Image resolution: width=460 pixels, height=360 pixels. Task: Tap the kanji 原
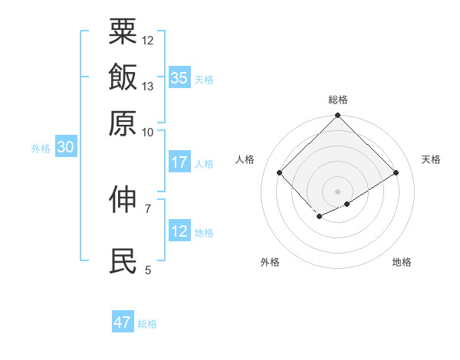point(123,123)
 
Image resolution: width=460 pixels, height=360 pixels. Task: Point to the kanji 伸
point(123,200)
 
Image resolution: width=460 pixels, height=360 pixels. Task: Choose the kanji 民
point(123,261)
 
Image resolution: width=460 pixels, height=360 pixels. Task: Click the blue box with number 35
point(179,78)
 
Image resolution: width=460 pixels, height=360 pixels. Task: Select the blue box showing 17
point(179,162)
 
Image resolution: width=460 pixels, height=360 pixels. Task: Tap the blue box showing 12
point(179,231)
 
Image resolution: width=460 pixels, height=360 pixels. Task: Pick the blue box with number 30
point(64,148)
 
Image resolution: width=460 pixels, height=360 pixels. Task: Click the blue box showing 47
point(122,322)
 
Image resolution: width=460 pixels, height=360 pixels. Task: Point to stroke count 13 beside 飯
point(148,87)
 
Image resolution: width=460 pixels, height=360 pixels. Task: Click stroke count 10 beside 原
point(148,132)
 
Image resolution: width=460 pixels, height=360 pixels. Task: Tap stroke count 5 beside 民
point(148,270)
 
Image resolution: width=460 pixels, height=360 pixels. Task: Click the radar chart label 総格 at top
point(338,100)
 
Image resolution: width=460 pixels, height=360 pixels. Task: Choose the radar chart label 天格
point(431,159)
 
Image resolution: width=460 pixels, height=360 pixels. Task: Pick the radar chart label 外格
point(270,263)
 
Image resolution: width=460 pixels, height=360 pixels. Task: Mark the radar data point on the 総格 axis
point(338,116)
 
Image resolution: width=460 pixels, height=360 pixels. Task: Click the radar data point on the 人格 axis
point(280,172)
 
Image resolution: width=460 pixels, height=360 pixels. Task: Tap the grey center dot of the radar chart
point(338,191)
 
